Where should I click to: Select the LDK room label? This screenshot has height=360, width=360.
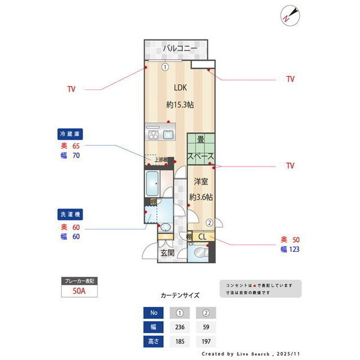pyautogui.click(x=180, y=88)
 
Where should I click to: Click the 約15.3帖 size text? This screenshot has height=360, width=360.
pyautogui.click(x=180, y=105)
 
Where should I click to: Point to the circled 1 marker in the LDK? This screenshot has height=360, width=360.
pyautogui.click(x=165, y=66)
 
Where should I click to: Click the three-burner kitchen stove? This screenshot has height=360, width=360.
pyautogui.click(x=154, y=134)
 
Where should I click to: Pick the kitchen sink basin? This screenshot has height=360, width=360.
pyautogui.click(x=168, y=134)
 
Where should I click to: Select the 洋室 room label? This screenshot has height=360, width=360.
pyautogui.click(x=201, y=181)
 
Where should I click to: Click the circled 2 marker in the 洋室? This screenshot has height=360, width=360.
pyautogui.click(x=209, y=222)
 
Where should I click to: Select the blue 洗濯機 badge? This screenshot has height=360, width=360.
pyautogui.click(x=71, y=214)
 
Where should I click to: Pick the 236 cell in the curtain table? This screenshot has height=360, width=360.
pyautogui.click(x=180, y=327)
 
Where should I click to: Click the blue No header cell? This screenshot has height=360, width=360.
pyautogui.click(x=154, y=313)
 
